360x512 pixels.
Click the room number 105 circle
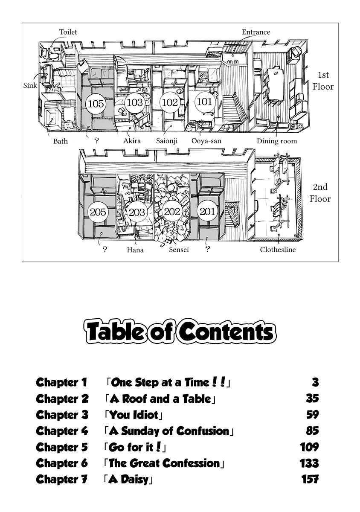96,103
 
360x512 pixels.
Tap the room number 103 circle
135,102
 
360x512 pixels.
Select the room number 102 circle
170,102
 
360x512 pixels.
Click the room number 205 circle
98,212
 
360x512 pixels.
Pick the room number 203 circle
136,212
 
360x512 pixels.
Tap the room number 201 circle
207,212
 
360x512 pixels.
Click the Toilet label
68,32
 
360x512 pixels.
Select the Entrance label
256,32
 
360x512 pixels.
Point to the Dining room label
277,141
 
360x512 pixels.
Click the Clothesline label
278,250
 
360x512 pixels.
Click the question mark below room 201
208,249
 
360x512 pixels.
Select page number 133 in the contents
309,463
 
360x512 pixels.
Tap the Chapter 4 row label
62,431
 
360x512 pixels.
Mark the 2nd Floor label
320,193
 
